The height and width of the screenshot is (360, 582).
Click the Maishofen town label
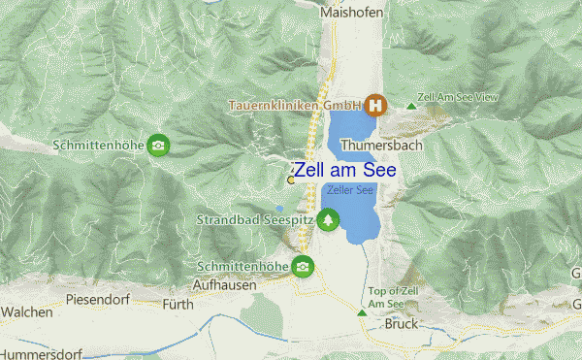[352, 13]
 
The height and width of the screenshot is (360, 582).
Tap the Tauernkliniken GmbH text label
[294, 105]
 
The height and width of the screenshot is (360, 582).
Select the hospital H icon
[374, 105]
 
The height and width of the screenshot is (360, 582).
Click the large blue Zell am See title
[358, 170]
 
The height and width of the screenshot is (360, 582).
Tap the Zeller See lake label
[350, 190]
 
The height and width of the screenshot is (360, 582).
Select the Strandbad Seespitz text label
[256, 221]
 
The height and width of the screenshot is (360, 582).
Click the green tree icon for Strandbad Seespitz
[330, 220]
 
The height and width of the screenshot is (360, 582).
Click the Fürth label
[178, 305]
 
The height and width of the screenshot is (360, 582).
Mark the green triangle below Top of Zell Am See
[363, 312]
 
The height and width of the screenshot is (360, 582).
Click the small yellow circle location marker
[291, 180]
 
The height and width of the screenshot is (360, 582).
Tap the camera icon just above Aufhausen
[305, 265]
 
